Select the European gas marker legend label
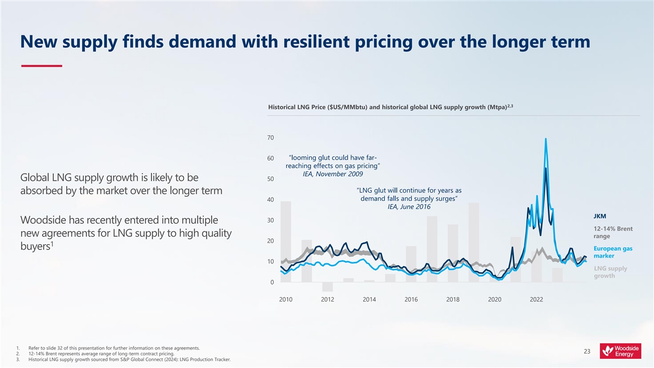pos(613,252)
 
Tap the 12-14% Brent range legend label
pos(613,232)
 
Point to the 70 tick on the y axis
pos(271,138)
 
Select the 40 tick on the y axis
pos(271,200)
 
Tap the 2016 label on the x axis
pos(411,299)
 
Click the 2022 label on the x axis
pos(536,299)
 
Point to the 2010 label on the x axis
pos(286,299)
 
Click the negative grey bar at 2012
pos(328,287)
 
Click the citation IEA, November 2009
pos(332,174)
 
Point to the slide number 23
pos(587,352)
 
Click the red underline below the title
pos(41,66)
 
